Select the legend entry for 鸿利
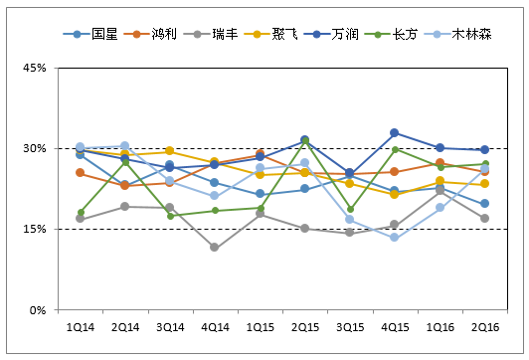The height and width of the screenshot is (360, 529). [158, 33]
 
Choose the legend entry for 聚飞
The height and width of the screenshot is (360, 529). [283, 33]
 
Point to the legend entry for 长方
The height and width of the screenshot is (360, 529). [409, 33]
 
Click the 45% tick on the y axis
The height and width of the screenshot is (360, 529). [35, 69]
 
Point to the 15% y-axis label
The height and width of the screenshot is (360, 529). [35, 230]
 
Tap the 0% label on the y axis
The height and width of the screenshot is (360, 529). [39, 310]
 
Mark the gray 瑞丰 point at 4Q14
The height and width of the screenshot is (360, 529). [215, 247]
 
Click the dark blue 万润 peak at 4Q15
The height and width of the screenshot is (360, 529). [395, 132]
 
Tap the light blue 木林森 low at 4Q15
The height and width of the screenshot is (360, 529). [395, 238]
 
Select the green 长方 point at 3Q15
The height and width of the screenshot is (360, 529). [349, 210]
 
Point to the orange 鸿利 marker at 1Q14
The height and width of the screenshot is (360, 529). [80, 173]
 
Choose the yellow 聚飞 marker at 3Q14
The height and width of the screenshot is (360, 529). [170, 150]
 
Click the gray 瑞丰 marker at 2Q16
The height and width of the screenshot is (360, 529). [484, 218]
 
